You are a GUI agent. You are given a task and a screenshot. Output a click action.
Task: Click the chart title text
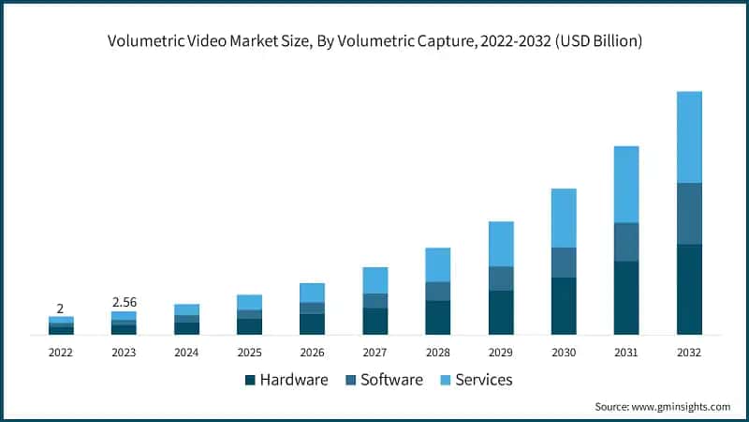[x=374, y=41]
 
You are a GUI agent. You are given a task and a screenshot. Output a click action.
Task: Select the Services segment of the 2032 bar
[x=689, y=137]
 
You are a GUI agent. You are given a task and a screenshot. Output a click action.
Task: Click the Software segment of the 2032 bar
[x=689, y=213]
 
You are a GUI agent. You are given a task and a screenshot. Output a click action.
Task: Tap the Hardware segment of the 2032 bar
[x=689, y=289]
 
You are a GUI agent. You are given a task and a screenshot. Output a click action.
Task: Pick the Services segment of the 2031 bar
[x=626, y=184]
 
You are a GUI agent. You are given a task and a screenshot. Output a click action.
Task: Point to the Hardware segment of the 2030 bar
[x=564, y=306]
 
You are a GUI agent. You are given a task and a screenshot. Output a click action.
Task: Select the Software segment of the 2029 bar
[x=501, y=279]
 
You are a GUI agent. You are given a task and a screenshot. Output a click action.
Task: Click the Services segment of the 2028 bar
[x=438, y=264]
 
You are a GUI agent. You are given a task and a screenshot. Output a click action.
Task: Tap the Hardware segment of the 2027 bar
[x=375, y=321]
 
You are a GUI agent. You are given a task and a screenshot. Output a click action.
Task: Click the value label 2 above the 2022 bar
[x=60, y=309]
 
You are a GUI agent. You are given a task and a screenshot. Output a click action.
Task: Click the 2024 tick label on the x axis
[x=186, y=353]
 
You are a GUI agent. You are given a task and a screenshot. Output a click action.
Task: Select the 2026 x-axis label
[x=312, y=353]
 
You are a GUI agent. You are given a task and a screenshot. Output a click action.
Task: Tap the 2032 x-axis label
[x=689, y=353]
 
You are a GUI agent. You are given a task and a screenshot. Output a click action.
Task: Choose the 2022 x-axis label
[x=61, y=353]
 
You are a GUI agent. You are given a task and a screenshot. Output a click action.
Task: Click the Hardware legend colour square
[x=250, y=380]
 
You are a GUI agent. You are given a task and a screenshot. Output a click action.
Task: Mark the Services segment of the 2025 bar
[x=249, y=302]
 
